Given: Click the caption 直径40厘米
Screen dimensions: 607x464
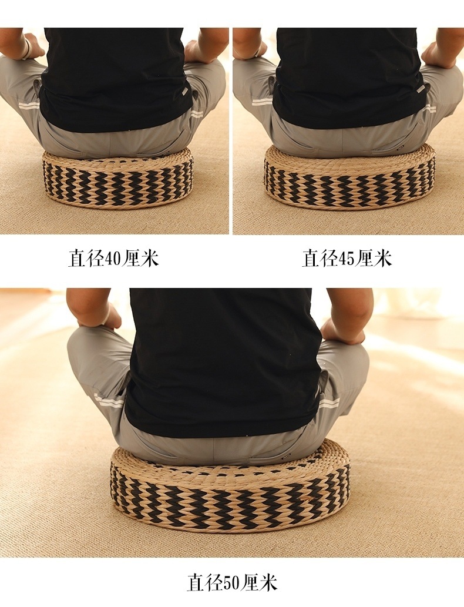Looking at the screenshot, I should click(113, 259).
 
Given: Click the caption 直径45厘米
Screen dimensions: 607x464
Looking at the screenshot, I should click(347, 259).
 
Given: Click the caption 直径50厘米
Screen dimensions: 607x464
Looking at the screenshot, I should click(232, 582).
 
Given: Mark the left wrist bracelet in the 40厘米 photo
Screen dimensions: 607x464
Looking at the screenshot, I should click(26, 50).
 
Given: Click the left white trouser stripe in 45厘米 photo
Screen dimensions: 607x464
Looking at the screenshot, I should click(262, 101).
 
